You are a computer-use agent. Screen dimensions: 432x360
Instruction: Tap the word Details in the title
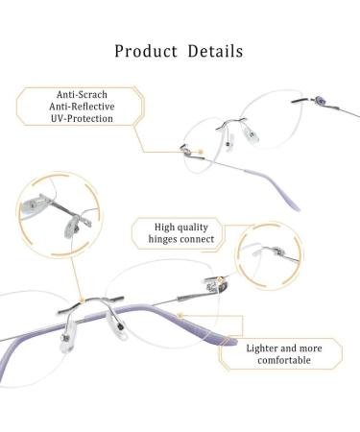click(x=215, y=51)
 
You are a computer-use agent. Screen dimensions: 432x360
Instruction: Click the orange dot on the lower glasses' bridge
click(x=83, y=300)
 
